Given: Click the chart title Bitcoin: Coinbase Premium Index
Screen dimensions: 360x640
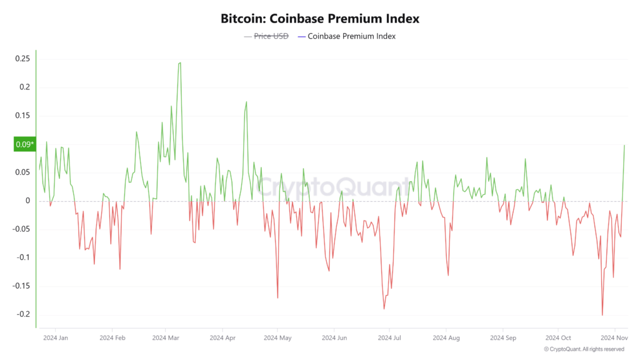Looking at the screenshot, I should pyautogui.click(x=319, y=18).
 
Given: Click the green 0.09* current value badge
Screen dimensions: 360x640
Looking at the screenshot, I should pyautogui.click(x=24, y=145).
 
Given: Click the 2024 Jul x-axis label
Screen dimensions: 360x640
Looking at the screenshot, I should pyautogui.click(x=389, y=338).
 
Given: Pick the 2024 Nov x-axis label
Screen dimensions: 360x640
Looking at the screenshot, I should pyautogui.click(x=615, y=338).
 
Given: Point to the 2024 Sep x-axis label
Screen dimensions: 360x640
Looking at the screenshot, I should pyautogui.click(x=502, y=338).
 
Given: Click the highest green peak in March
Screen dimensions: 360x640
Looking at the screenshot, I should pyautogui.click(x=179, y=62).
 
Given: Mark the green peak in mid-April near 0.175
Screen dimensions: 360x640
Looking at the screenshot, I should pyautogui.click(x=246, y=102).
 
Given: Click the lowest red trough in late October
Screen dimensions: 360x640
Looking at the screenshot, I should pyautogui.click(x=602, y=315).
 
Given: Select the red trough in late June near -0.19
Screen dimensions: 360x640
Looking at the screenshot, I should pyautogui.click(x=384, y=309).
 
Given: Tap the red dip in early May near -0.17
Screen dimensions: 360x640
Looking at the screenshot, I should pyautogui.click(x=277, y=298).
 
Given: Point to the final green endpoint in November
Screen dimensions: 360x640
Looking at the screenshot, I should pyautogui.click(x=624, y=145).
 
